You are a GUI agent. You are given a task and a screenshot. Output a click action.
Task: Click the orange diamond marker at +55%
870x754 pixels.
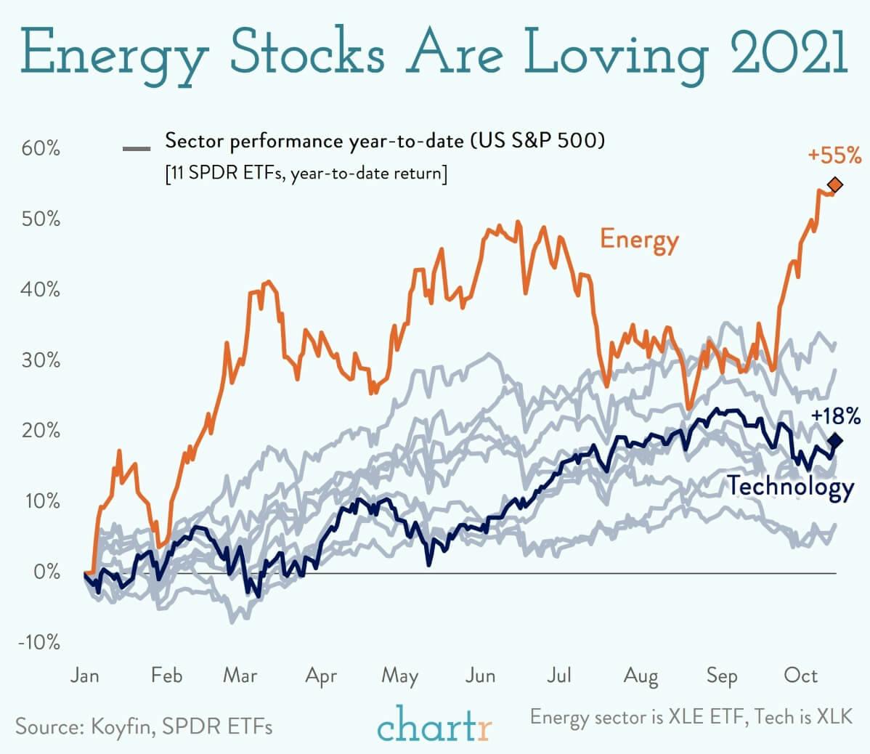point(835,184)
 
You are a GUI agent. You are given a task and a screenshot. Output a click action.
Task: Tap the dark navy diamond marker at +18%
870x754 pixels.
point(835,440)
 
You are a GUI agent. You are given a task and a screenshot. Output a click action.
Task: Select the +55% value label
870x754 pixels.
point(834,155)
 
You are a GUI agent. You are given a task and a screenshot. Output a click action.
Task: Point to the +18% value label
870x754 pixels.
point(836,416)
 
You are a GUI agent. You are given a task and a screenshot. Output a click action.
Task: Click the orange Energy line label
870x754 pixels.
point(639,240)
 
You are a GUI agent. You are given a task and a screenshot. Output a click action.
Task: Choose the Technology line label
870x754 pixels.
point(790,486)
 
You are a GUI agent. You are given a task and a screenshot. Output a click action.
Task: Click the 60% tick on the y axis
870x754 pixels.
point(41,149)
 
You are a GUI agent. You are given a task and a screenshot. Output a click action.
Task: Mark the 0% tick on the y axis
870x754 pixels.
point(46,572)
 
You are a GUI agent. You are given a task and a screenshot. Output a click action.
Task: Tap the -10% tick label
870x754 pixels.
point(39,643)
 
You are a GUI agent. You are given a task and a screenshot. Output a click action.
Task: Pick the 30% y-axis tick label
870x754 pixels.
point(41,360)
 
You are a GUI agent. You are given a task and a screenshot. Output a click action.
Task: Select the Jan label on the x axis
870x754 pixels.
point(85,676)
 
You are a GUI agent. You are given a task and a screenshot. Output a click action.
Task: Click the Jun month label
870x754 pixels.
point(480,676)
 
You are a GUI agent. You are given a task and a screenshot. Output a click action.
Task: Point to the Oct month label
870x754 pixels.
point(801,676)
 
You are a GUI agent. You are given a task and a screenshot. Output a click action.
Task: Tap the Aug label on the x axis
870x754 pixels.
point(641,677)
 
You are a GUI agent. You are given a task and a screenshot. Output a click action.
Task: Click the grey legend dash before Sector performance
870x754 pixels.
point(137,149)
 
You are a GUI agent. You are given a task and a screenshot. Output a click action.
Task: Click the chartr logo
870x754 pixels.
point(434,723)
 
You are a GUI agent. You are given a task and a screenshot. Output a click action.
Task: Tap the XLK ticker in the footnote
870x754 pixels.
point(834,717)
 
